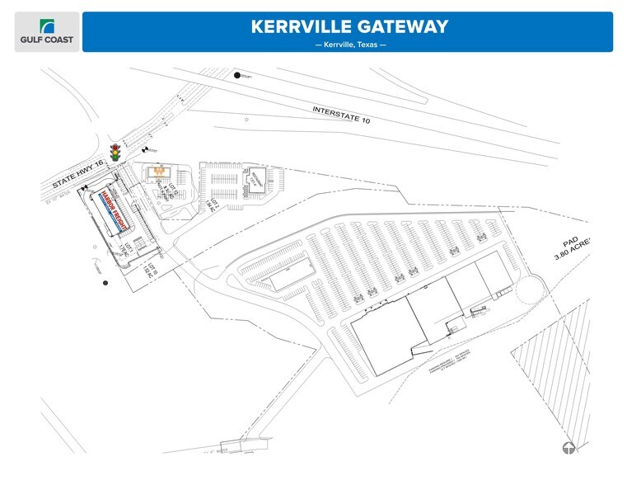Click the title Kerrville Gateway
(x=349, y=26)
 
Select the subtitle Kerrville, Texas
(x=349, y=45)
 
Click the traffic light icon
(x=115, y=153)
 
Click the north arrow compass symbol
(x=569, y=448)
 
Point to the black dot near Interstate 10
(x=237, y=76)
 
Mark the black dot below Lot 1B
(x=105, y=284)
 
